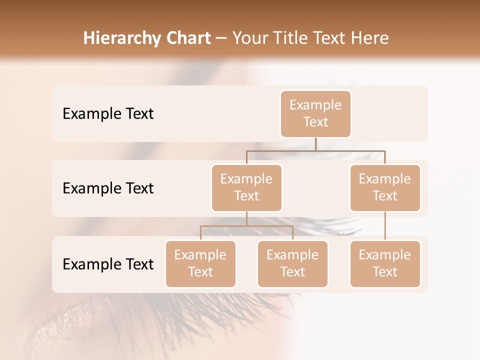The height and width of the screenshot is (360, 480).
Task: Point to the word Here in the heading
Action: click(x=369, y=38)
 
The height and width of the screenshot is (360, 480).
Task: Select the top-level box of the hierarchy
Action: click(x=315, y=114)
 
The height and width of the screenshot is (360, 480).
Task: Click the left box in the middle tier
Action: click(x=246, y=188)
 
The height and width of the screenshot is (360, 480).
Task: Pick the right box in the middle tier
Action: click(x=385, y=188)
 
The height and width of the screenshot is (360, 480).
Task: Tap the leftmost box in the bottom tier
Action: click(x=200, y=264)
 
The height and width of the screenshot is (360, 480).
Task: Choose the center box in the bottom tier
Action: click(x=292, y=264)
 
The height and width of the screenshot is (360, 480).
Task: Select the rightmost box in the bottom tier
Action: click(x=385, y=264)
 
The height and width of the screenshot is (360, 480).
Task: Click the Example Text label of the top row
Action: click(x=108, y=114)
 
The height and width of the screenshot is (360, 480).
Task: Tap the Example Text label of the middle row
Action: click(x=108, y=188)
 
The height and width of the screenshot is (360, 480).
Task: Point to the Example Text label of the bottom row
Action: click(x=108, y=264)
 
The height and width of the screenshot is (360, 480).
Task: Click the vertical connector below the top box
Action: click(x=315, y=144)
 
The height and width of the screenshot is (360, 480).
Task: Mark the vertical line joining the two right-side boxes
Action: click(x=385, y=226)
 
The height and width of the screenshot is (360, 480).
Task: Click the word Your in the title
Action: click(x=250, y=38)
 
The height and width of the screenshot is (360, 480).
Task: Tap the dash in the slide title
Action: click(x=221, y=39)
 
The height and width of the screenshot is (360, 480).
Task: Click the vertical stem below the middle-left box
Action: click(x=246, y=218)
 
